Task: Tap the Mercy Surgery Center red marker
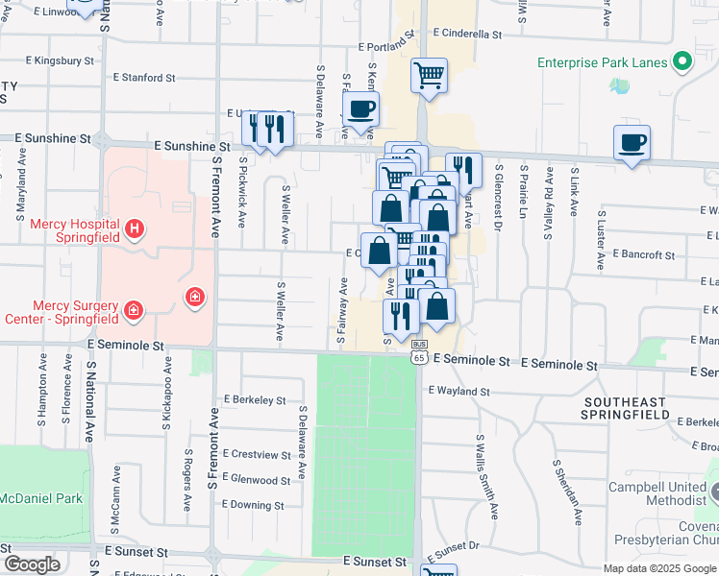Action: pos(133,310)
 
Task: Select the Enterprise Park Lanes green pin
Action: pos(683,62)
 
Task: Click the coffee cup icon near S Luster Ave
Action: pos(631,143)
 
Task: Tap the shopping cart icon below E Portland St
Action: pos(429,76)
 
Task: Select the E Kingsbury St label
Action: pos(61,60)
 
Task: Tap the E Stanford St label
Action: pos(144,77)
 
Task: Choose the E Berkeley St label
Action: pos(254,399)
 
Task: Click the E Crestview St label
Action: pos(257,454)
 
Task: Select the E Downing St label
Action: pos(253,505)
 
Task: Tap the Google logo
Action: pos(33,564)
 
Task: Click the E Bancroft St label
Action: pos(643,255)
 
